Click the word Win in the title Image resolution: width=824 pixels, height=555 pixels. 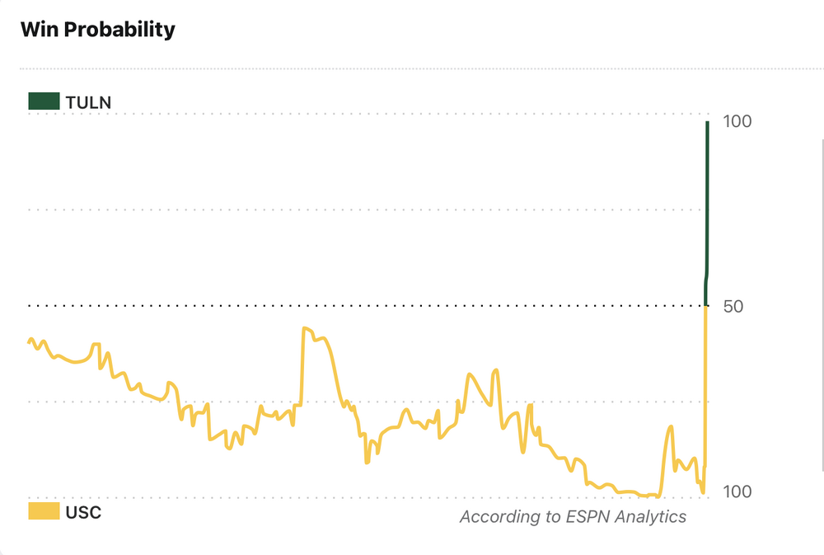[39, 30]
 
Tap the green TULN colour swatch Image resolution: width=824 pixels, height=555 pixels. [44, 101]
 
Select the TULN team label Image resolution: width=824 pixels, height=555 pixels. [88, 102]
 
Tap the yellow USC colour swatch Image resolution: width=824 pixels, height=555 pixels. [44, 511]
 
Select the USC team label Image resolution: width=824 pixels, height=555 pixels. [83, 512]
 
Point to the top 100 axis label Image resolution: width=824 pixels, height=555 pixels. [737, 121]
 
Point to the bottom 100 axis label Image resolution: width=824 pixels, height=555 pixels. [737, 492]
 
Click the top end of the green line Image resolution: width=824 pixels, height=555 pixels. [707, 123]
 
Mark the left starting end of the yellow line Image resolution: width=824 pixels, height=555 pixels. [30, 342]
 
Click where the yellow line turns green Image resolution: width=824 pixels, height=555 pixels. [705, 306]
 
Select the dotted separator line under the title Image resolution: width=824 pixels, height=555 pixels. [412, 68]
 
